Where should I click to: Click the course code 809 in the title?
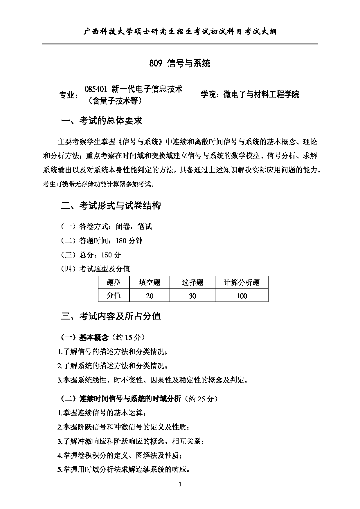click(x=155, y=63)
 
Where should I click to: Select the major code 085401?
click(x=96, y=89)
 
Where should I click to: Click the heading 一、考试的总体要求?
click(x=102, y=121)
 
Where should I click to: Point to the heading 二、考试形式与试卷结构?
click(x=111, y=206)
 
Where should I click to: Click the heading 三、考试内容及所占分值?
click(x=111, y=316)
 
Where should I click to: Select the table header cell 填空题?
click(x=150, y=282)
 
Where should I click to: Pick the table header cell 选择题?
click(x=192, y=282)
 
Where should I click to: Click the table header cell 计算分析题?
click(x=242, y=282)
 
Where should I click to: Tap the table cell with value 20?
click(x=150, y=296)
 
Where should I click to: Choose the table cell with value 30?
click(x=192, y=296)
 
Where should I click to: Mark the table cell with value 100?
click(x=242, y=296)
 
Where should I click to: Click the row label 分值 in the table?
click(x=114, y=295)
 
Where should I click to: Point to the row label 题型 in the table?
click(x=114, y=282)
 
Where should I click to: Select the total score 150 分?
click(x=111, y=255)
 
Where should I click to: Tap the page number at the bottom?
click(x=180, y=484)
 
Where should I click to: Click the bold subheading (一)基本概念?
click(x=84, y=337)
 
